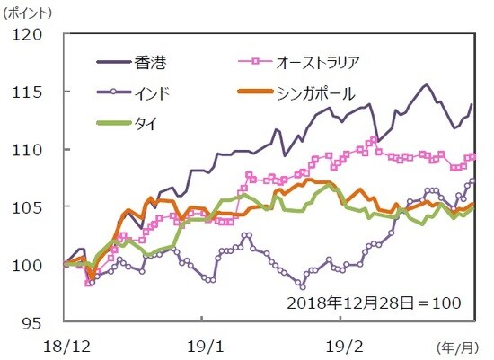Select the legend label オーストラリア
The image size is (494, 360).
(x=318, y=62)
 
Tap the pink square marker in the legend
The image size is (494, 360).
(x=255, y=62)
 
